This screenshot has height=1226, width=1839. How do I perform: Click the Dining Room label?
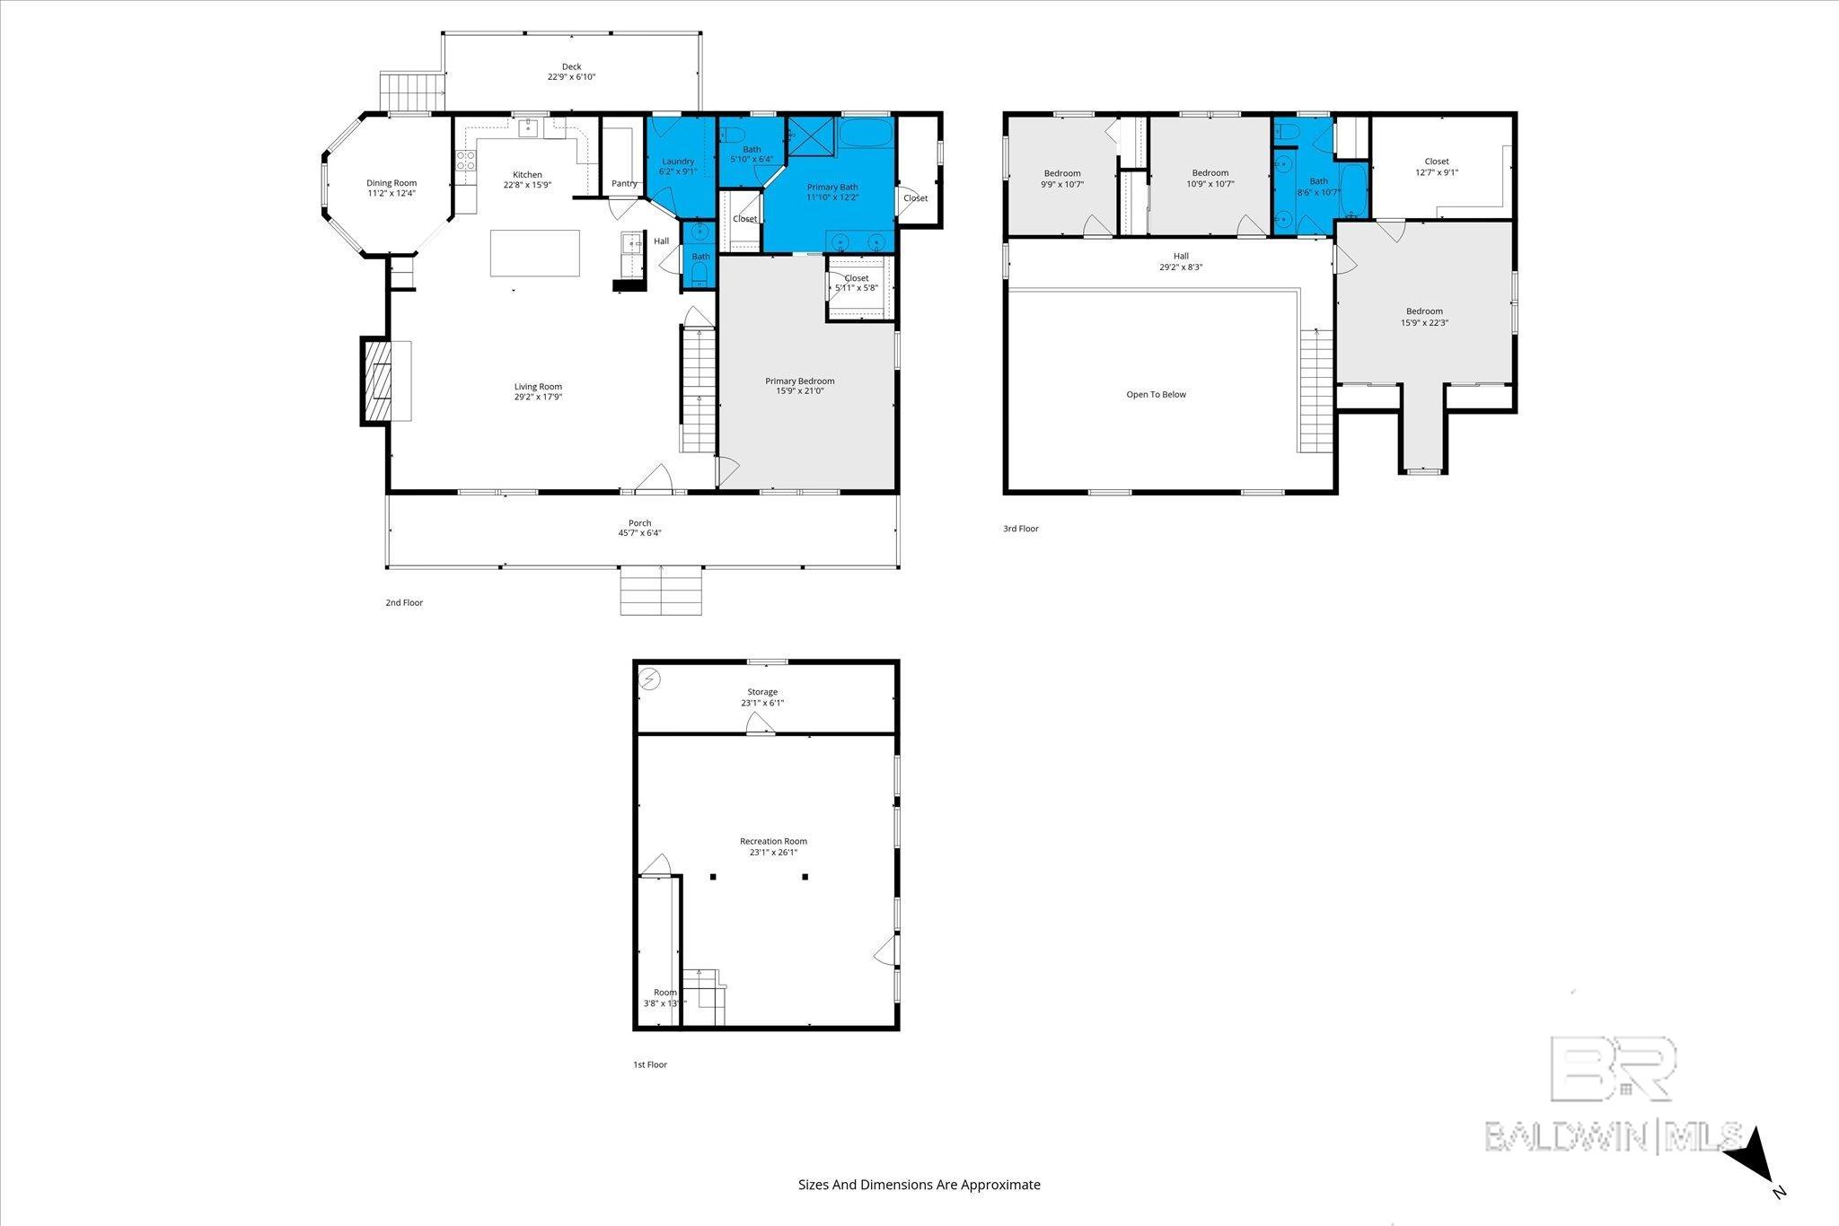click(392, 183)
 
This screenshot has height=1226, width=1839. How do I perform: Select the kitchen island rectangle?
click(535, 254)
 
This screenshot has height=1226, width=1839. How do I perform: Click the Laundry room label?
click(678, 162)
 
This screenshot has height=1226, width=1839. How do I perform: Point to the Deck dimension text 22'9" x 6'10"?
click(572, 77)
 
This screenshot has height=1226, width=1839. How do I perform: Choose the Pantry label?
click(624, 184)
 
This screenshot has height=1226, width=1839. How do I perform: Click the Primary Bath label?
click(832, 188)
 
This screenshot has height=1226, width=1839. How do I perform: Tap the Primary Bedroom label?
click(800, 381)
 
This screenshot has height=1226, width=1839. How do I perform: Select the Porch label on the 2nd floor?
click(639, 523)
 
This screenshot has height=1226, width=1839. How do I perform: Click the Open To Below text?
click(1156, 394)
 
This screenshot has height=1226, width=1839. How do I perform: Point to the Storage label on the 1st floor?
click(762, 692)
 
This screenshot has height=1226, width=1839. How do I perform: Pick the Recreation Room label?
click(773, 841)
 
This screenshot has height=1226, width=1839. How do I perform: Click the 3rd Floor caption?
click(1021, 529)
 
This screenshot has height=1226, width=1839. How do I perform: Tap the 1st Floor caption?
click(650, 1064)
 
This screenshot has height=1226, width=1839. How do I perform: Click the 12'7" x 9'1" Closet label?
click(1437, 167)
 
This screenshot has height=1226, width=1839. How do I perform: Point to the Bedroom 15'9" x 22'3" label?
click(1425, 317)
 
